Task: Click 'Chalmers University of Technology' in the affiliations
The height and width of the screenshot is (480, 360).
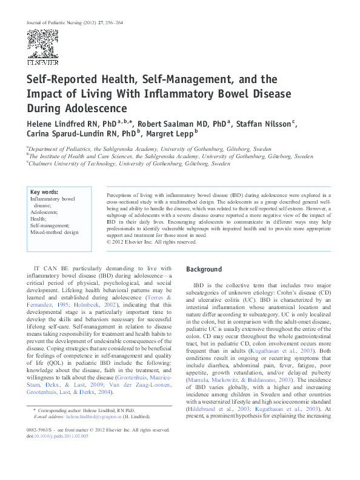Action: point(72,164)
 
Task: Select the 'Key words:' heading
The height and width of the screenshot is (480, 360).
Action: point(44,192)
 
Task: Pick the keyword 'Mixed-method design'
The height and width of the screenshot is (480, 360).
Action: point(55,232)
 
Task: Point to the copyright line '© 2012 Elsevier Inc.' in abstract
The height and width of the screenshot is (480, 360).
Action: point(152,242)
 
